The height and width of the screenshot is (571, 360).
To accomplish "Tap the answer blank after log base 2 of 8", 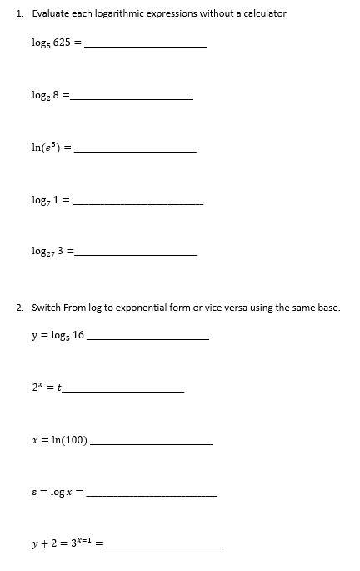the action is [x=132, y=98].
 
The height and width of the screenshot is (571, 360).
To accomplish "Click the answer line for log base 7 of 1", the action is [x=138, y=203].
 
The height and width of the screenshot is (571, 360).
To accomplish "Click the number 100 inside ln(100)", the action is [x=73, y=440].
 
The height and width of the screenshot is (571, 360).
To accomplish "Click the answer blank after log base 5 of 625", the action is [x=146, y=45].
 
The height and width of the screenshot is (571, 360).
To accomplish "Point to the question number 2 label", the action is [x=19, y=308].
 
